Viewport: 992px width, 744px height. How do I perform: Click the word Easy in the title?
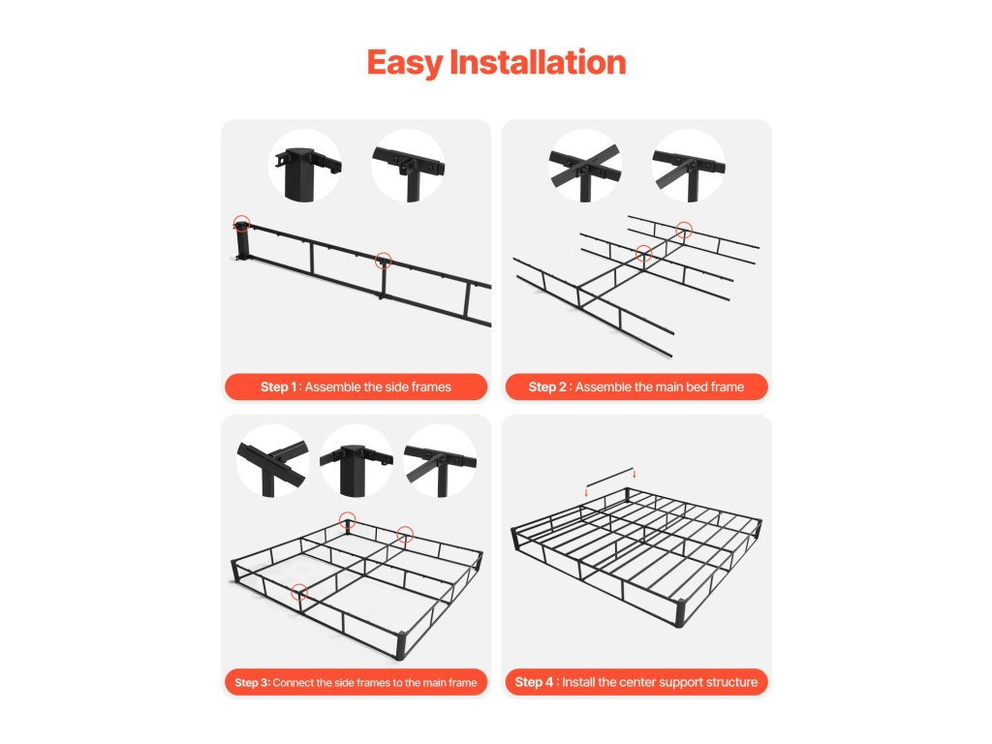[404, 63]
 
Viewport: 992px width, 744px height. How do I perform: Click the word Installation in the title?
[538, 62]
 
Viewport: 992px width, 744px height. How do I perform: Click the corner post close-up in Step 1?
[305, 166]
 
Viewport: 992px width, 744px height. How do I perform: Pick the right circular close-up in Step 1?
[408, 166]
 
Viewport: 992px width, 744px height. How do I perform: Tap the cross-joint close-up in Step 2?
[585, 166]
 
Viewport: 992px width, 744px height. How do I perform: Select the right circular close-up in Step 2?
[689, 166]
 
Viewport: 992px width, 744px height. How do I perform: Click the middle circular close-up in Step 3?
[356, 460]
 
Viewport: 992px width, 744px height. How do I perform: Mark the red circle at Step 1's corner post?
[241, 224]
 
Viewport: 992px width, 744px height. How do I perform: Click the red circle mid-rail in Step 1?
[384, 260]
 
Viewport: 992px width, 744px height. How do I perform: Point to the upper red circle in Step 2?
[684, 230]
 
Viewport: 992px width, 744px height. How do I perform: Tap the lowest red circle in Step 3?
[299, 592]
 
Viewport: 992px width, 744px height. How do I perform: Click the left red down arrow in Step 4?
[586, 491]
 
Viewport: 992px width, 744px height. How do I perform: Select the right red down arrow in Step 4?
[634, 474]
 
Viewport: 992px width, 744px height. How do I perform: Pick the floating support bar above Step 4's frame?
[610, 477]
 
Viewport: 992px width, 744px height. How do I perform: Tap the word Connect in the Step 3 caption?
[293, 683]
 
